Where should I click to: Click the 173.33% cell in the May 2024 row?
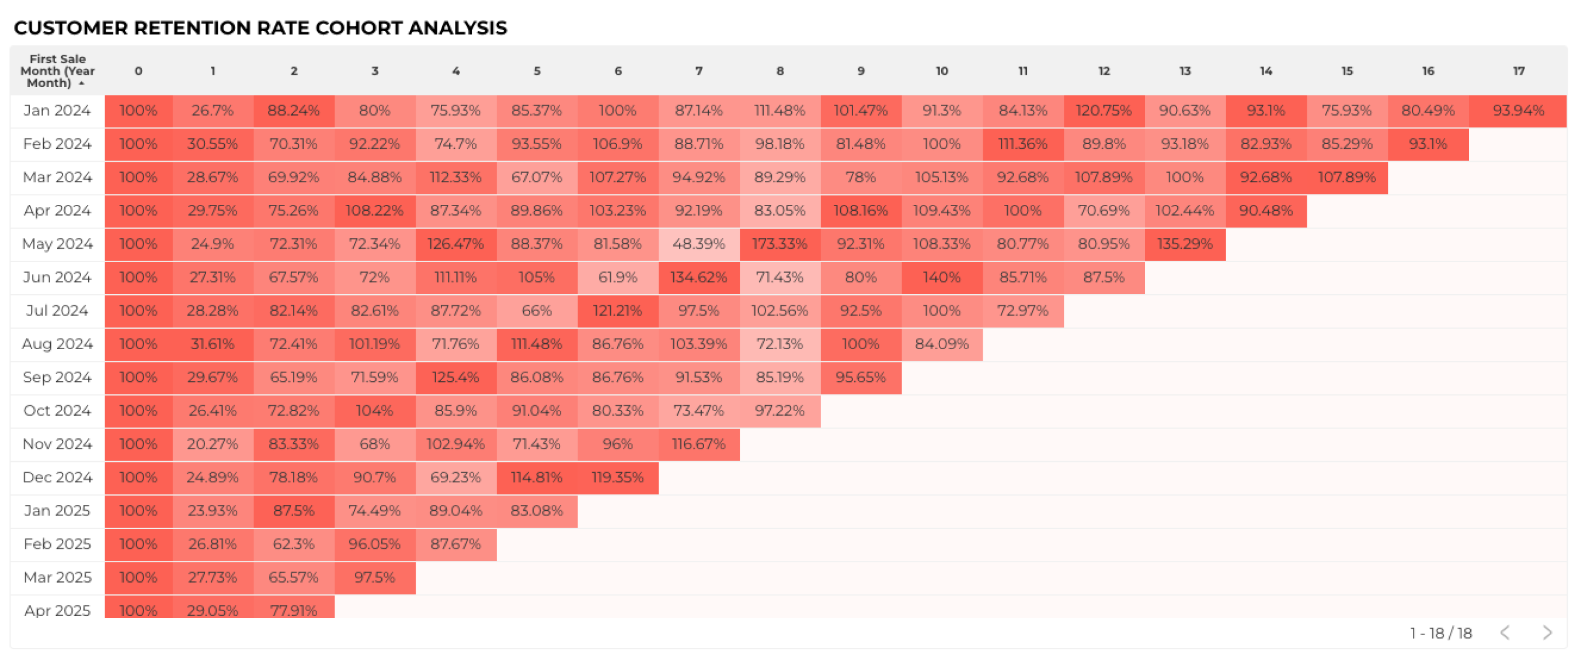[779, 244]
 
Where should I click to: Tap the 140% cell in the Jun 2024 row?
[941, 277]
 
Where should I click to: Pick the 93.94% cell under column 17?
[1518, 111]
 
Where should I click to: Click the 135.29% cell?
[1184, 244]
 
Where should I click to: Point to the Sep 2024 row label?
[57, 377]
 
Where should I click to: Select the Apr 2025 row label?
[57, 610]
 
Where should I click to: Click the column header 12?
[1104, 71]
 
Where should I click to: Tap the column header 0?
[138, 71]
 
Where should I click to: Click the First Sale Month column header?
[57, 71]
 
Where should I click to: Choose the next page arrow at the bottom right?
[1547, 633]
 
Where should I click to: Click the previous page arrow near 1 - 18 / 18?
[1505, 633]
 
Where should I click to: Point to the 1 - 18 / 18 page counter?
[1440, 633]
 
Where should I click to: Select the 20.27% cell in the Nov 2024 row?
[212, 444]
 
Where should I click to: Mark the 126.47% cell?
[455, 244]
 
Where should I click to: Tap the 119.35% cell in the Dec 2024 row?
[617, 477]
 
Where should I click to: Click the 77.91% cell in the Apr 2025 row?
[293, 610]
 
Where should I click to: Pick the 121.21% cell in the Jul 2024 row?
[617, 311]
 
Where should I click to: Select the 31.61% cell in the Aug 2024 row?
[212, 344]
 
